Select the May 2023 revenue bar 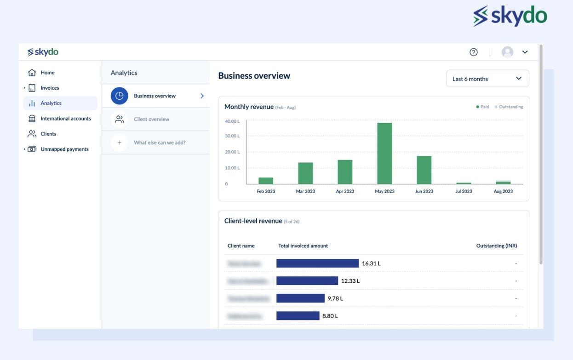pyautogui.click(x=384, y=153)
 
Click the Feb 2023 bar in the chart pyautogui.click(x=266, y=181)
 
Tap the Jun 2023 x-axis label pyautogui.click(x=424, y=191)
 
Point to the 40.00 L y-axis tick pyautogui.click(x=232, y=121)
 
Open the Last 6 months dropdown pyautogui.click(x=487, y=79)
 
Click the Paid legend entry pyautogui.click(x=482, y=107)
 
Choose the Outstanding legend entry pyautogui.click(x=509, y=107)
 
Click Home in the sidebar pyautogui.click(x=47, y=73)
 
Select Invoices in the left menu pyautogui.click(x=50, y=88)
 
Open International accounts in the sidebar pyautogui.click(x=65, y=119)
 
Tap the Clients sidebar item pyautogui.click(x=48, y=134)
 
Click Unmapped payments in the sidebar pyautogui.click(x=64, y=149)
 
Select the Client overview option pyautogui.click(x=151, y=119)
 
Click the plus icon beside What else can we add pyautogui.click(x=119, y=143)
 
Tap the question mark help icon pyautogui.click(x=473, y=52)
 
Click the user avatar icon pyautogui.click(x=507, y=52)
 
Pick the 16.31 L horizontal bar pyautogui.click(x=317, y=263)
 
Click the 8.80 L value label pyautogui.click(x=330, y=316)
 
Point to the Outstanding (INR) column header pyautogui.click(x=496, y=246)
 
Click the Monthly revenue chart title pyautogui.click(x=249, y=107)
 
